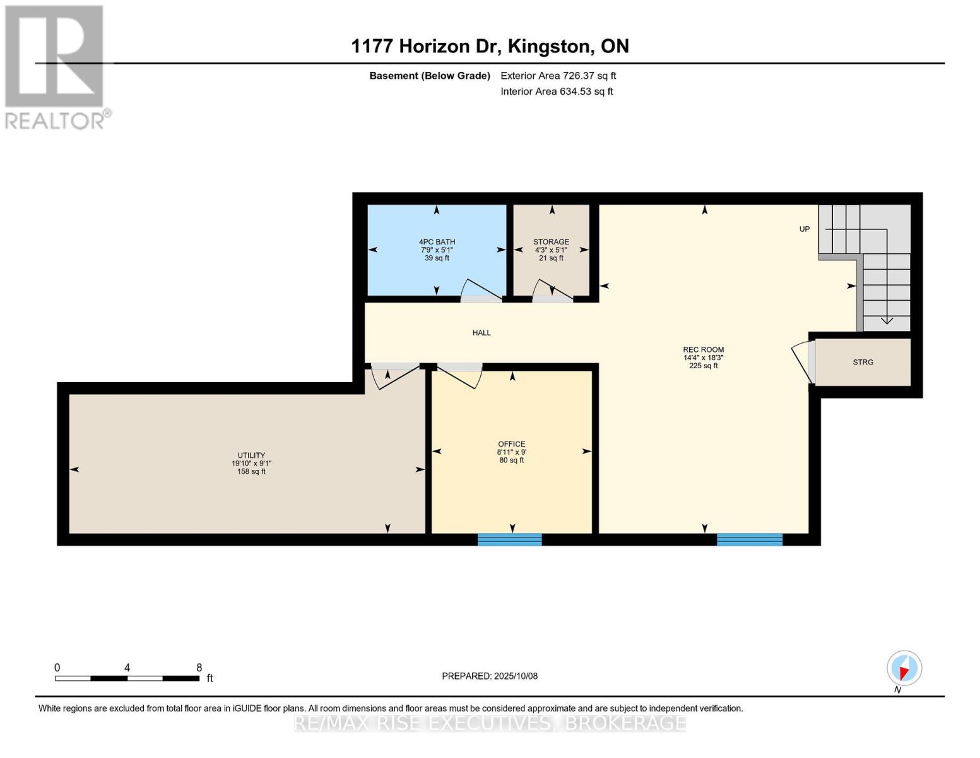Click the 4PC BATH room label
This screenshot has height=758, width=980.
click(437, 242)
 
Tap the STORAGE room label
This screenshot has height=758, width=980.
click(551, 242)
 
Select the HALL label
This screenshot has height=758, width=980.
click(481, 333)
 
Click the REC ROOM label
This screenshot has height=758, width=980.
click(703, 350)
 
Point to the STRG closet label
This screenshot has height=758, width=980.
click(863, 362)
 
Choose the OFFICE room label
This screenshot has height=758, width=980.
click(511, 444)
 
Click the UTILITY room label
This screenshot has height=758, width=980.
click(251, 455)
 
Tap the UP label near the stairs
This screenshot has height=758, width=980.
click(804, 229)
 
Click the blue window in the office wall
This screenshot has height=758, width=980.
click(509, 539)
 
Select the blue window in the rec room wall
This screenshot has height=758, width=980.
click(749, 539)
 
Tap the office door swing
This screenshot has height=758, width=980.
click(461, 376)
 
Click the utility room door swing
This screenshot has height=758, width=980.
click(394, 376)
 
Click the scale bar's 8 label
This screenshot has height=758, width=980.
click(199, 668)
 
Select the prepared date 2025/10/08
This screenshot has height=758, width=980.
click(490, 676)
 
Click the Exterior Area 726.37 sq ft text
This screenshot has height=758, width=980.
click(558, 76)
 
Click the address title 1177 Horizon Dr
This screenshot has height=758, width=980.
click(490, 46)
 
